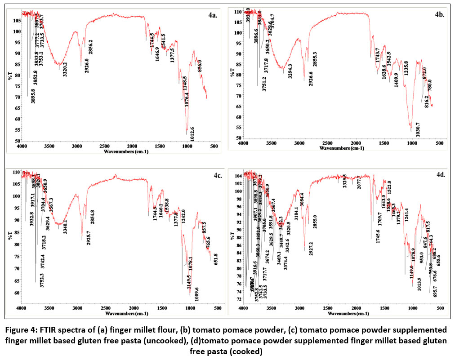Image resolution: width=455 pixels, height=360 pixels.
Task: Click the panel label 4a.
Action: (x=213, y=15)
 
